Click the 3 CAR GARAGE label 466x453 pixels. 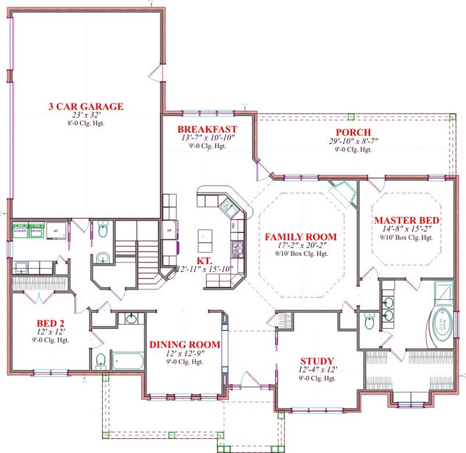[86, 106]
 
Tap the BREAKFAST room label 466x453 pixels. [207, 129]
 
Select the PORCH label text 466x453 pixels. [349, 132]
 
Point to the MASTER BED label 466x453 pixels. [407, 220]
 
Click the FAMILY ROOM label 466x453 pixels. [301, 236]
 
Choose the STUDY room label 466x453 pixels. [317, 361]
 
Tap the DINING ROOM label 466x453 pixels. [185, 345]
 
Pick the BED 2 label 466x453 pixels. [50, 323]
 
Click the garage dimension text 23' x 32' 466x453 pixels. [86, 116]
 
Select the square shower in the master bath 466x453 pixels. [444, 289]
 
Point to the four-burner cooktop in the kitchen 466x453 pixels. [238, 249]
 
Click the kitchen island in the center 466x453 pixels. [204, 236]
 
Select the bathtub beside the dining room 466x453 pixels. [127, 361]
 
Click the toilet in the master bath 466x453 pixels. [368, 321]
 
